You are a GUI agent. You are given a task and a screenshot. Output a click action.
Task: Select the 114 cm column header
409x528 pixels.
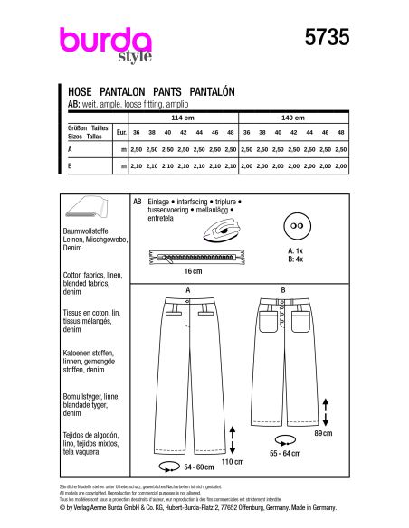coord(182,118)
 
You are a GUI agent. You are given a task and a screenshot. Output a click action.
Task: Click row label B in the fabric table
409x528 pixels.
coord(71,165)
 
